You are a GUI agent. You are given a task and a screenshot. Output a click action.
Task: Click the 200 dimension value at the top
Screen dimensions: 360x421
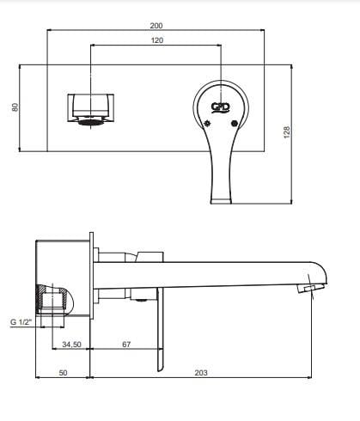(x=156, y=26)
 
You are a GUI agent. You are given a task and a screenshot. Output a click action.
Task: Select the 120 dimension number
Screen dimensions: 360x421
(x=157, y=40)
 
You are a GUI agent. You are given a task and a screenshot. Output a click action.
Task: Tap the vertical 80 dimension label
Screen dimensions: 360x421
(x=15, y=107)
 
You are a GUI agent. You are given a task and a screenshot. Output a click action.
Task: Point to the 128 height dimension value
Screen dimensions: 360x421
(x=287, y=132)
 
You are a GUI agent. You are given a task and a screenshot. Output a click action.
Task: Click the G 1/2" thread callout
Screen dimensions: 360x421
(x=21, y=322)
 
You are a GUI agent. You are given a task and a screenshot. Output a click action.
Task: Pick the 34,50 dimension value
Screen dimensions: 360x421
(x=71, y=345)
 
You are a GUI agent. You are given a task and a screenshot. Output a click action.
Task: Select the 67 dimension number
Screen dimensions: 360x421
(x=126, y=345)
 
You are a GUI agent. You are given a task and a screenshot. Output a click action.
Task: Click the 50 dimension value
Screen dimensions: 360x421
(x=63, y=373)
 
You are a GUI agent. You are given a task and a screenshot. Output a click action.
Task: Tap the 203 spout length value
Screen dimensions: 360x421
(x=201, y=373)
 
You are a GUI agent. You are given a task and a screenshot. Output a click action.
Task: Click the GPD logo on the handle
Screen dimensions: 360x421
(x=221, y=107)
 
